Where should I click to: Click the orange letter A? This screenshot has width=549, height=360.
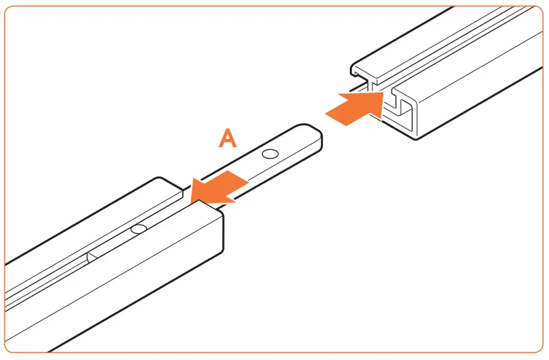click(x=227, y=138)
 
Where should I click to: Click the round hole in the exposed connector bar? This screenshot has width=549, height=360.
click(x=271, y=155)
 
